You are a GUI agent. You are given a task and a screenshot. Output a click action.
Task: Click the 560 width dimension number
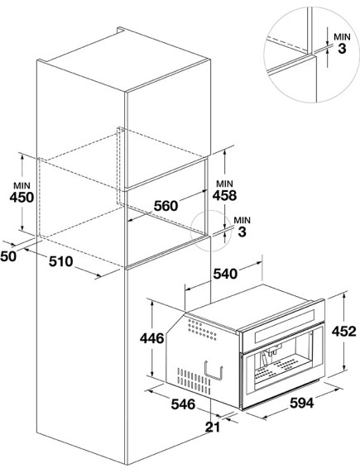coord(166,206)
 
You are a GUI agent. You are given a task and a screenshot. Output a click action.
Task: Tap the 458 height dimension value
coord(224,195)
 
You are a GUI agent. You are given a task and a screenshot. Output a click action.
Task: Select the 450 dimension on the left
coord(22,198)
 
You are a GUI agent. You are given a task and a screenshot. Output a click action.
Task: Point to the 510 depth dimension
coord(61,261)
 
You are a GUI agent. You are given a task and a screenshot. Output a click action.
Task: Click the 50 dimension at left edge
coord(7,256)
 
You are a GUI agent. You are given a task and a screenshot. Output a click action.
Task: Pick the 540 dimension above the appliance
coord(225,274)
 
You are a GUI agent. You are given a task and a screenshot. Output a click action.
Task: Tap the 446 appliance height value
coord(152,338)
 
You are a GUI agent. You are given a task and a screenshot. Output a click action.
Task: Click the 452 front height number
coord(344,332)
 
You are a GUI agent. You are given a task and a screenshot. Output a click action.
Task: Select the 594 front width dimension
coord(302,403)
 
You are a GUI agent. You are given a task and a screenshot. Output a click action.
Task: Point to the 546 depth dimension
coord(184,404)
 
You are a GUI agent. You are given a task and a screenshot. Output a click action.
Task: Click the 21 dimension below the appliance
coord(213,427)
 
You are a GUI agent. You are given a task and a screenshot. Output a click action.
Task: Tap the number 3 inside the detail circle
coord(342,49)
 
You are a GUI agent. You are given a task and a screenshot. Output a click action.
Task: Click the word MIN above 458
coord(225,184)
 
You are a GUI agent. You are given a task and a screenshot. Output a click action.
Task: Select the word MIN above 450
coord(22,185)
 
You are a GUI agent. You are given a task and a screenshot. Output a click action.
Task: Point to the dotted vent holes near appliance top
coord(202,330)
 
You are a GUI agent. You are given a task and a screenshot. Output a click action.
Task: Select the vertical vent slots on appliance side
coord(194,381)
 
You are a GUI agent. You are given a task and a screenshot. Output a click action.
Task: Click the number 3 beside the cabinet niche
coord(242,232)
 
